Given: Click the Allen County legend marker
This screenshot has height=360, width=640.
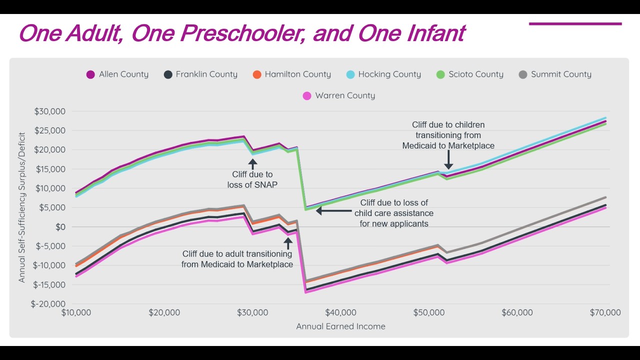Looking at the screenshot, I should pyautogui.click(x=90, y=74).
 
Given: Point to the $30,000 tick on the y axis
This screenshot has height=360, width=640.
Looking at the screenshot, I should pyautogui.click(x=50, y=111).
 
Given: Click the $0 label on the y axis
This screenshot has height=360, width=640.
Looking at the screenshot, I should pyautogui.click(x=60, y=227).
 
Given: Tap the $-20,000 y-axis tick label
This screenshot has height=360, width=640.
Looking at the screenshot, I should pyautogui.click(x=48, y=304).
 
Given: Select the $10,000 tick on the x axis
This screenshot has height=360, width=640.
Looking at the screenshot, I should pyautogui.click(x=76, y=313).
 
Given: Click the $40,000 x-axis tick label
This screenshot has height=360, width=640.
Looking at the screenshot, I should pyautogui.click(x=340, y=313).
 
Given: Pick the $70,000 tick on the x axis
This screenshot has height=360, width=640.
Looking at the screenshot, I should pyautogui.click(x=605, y=313).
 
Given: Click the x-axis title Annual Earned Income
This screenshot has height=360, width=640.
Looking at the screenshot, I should pyautogui.click(x=340, y=326).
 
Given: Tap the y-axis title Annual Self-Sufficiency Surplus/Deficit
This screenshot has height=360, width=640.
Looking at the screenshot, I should pyautogui.click(x=22, y=207).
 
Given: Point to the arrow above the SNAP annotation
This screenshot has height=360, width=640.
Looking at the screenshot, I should pyautogui.click(x=252, y=163).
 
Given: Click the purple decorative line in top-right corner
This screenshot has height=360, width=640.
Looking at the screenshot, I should pyautogui.click(x=575, y=23).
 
